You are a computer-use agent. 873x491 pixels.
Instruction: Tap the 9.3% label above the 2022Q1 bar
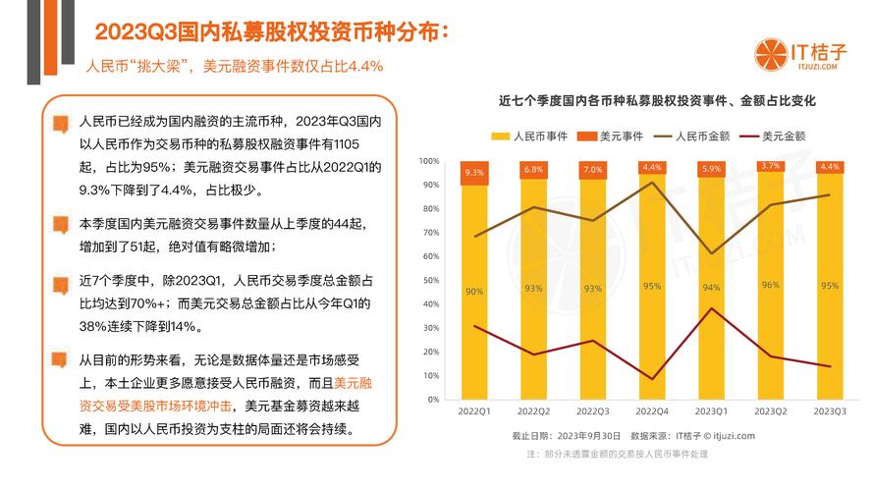click(x=474, y=172)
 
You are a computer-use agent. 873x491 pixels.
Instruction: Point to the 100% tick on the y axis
click(x=430, y=161)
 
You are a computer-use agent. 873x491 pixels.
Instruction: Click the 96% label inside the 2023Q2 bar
click(x=771, y=285)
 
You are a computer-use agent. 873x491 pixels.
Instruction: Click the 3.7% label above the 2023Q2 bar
click(x=771, y=166)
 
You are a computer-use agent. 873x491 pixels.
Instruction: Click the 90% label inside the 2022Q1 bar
click(x=474, y=291)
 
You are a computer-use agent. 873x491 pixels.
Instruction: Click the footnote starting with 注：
click(x=618, y=454)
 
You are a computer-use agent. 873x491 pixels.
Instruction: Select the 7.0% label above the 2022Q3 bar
click(x=593, y=170)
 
